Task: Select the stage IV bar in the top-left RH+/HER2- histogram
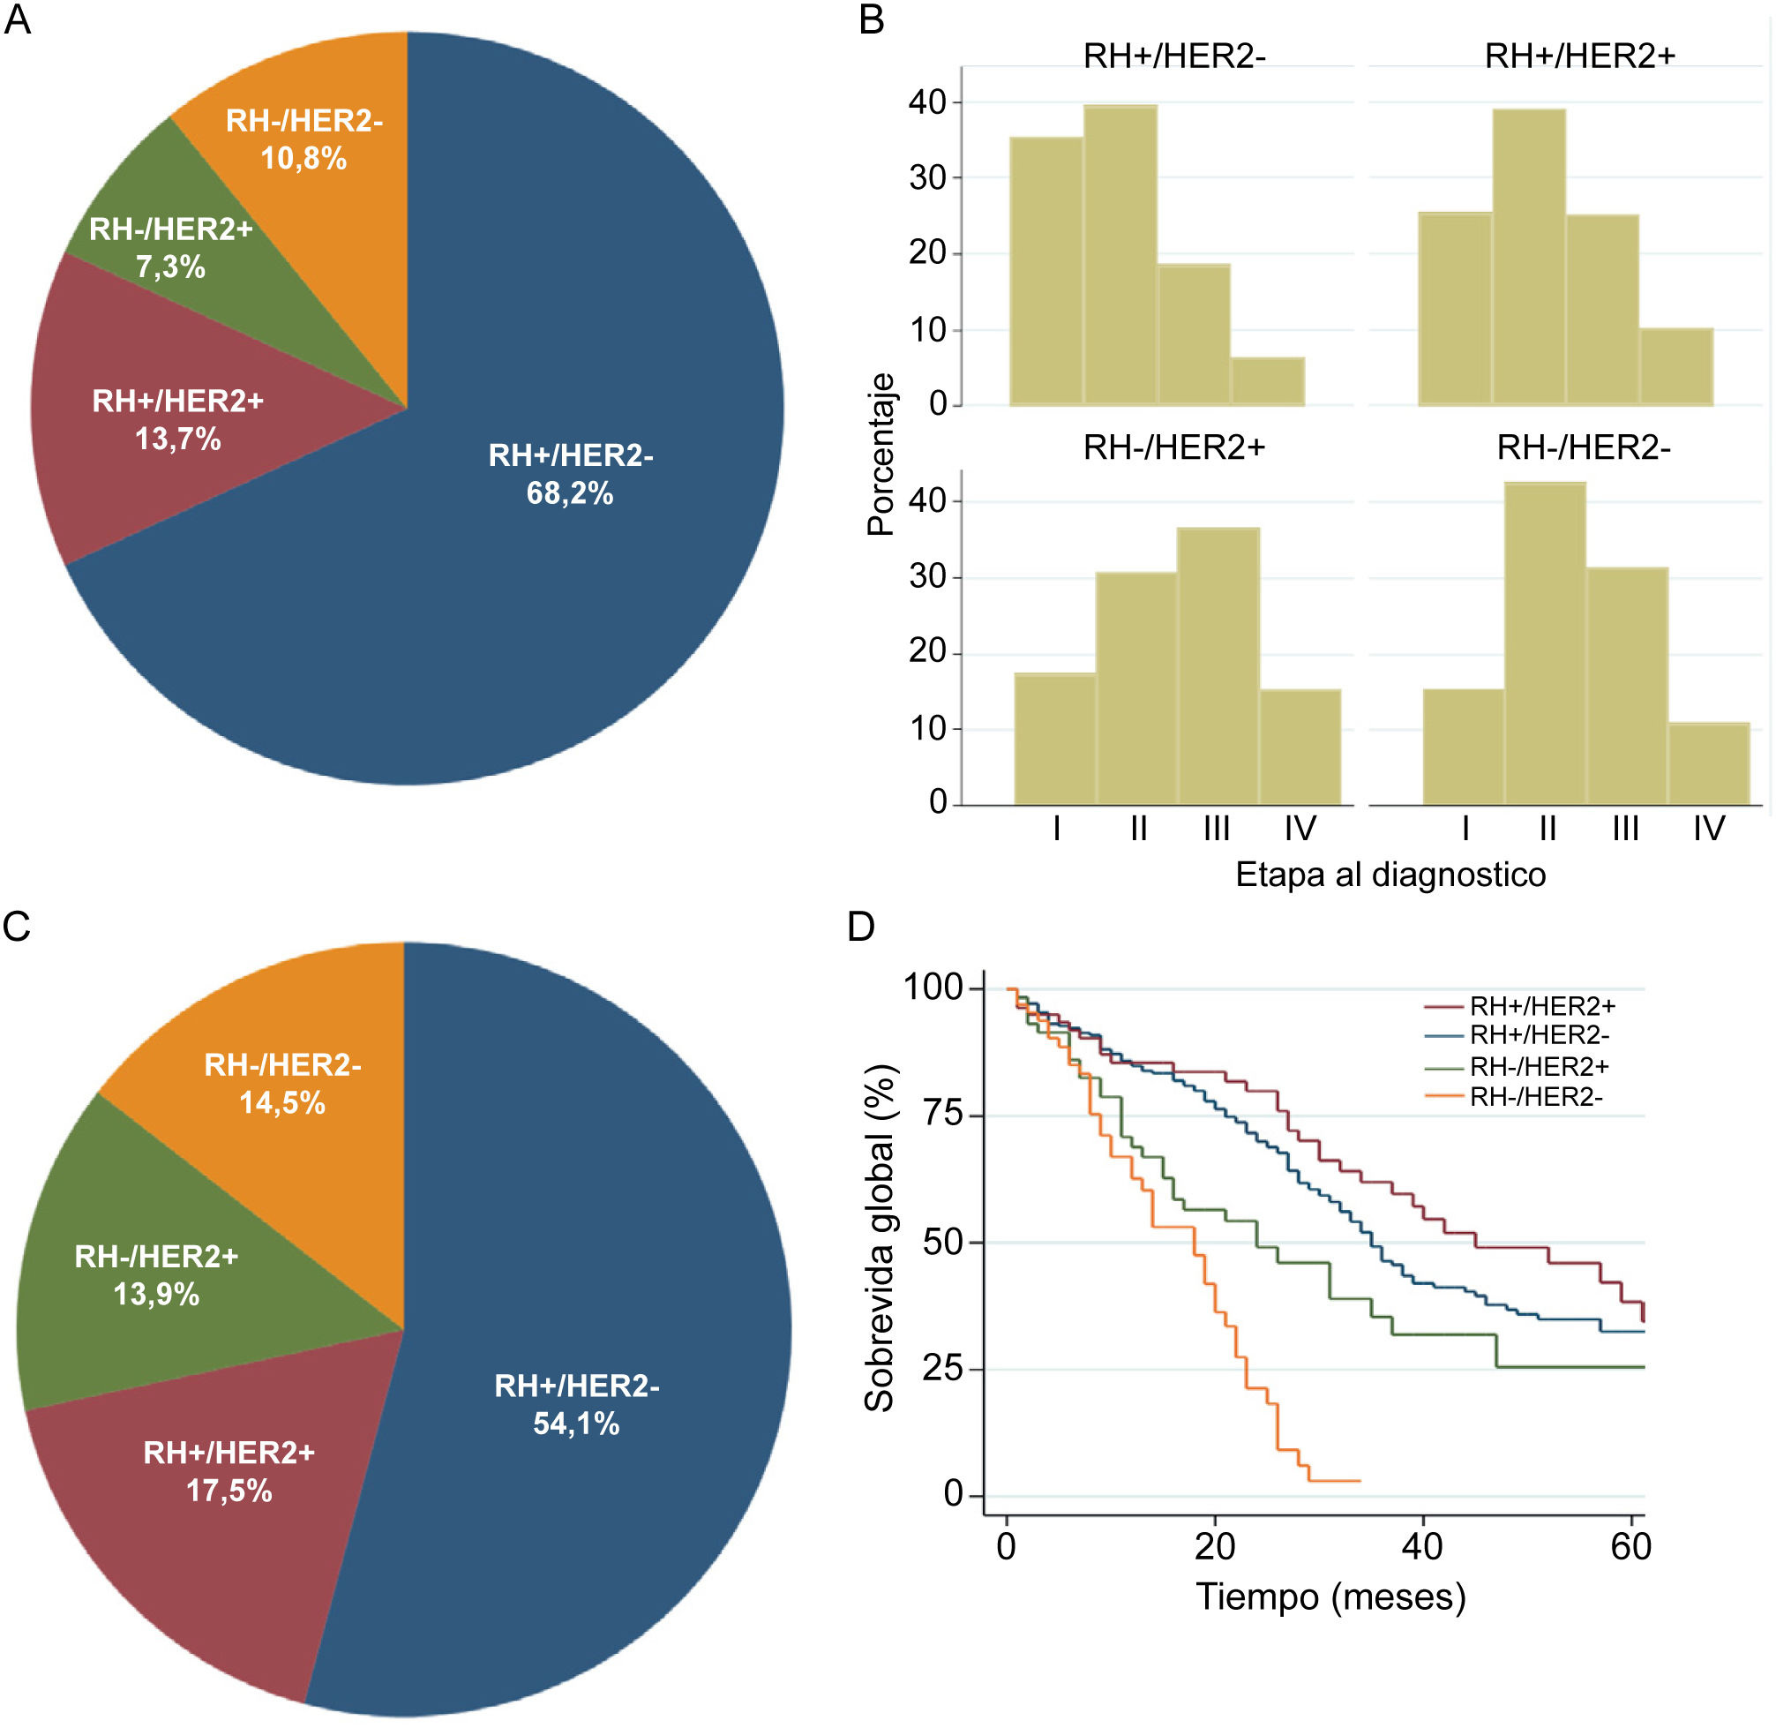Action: pos(1268,381)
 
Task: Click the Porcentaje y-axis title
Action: pos(881,454)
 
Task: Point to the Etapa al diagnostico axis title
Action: pos(1390,875)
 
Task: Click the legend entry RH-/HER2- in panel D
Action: pos(1535,1097)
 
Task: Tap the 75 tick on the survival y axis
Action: pos(943,1114)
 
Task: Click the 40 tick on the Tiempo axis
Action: pos(1422,1546)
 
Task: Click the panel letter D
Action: pos(860,927)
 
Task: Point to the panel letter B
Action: pos(871,20)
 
